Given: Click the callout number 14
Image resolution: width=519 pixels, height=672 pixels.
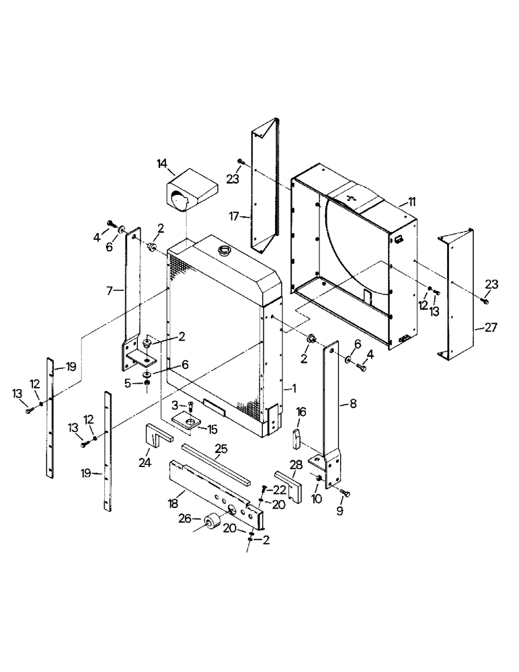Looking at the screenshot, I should (161, 163).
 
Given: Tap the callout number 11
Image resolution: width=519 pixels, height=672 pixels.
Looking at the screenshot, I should (411, 202).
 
